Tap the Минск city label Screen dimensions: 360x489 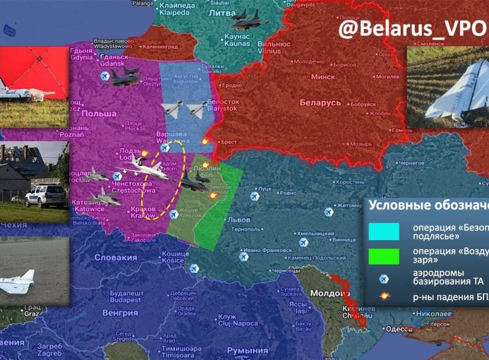tap(323, 77)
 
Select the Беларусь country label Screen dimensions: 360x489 tap(320, 103)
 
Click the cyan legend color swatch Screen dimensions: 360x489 tap(383, 231)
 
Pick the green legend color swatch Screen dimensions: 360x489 tap(383, 256)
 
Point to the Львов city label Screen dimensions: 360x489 tap(239, 219)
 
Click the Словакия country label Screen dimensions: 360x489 tap(116, 257)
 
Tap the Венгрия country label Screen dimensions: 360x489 tap(120, 312)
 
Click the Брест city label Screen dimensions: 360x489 tap(228, 142)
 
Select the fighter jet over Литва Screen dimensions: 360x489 tap(249, 20)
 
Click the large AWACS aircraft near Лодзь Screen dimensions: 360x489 tap(145, 170)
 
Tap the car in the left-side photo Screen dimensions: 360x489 tap(46, 195)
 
